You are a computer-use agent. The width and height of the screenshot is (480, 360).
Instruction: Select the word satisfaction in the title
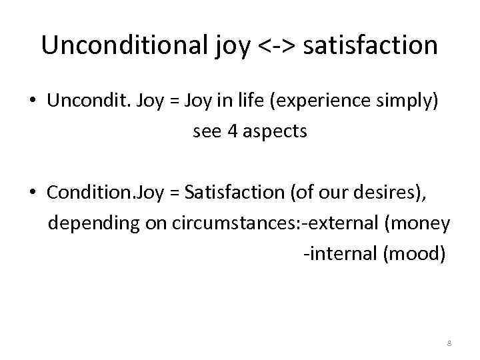click(x=371, y=45)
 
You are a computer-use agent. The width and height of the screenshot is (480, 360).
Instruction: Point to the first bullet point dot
click(x=33, y=101)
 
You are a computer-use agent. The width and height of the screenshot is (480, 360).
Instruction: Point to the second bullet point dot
click(x=33, y=194)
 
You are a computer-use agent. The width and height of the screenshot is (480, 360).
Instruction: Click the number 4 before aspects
click(x=232, y=131)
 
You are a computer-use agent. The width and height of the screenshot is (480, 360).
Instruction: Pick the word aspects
click(x=274, y=132)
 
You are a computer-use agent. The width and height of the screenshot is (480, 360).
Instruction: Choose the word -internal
click(x=339, y=254)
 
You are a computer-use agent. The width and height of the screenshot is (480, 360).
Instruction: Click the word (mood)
click(x=414, y=254)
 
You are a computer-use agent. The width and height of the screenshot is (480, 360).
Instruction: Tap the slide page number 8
click(x=449, y=343)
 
